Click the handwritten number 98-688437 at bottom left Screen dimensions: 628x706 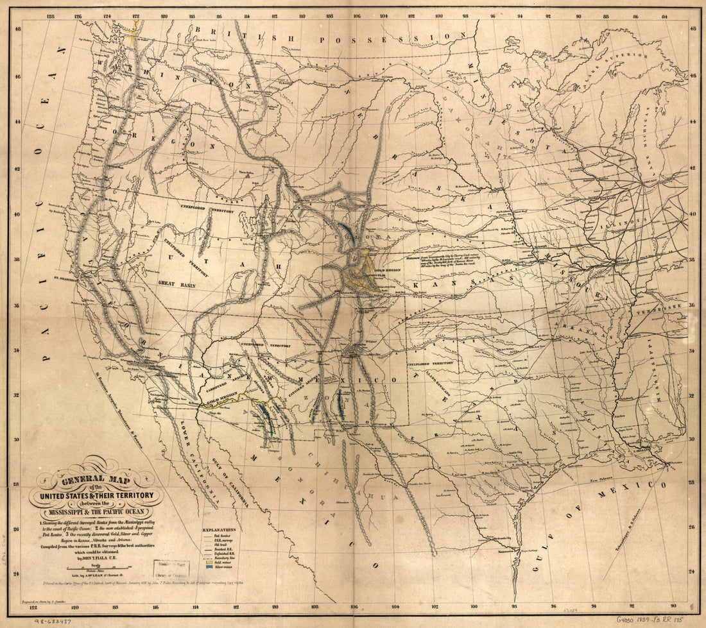(51, 621)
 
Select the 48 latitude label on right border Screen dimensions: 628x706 (692, 29)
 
